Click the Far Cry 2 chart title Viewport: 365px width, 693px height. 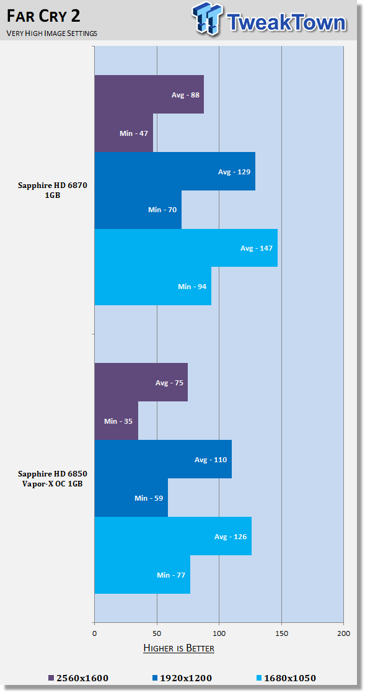(43, 16)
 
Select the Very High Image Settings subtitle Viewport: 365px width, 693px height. (52, 33)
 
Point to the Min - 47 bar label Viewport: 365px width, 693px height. (134, 133)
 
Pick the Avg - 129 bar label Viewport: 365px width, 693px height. (234, 171)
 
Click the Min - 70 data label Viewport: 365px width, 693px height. (162, 210)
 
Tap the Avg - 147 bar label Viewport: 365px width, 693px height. (257, 248)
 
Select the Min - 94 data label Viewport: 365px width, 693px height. (192, 287)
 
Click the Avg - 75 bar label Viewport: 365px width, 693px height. (169, 383)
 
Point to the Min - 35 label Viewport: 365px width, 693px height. (118, 421)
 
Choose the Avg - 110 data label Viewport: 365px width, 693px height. (211, 460)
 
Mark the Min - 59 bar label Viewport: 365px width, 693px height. (149, 498)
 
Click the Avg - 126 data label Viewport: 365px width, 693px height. (231, 537)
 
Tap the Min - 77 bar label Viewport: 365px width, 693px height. (171, 575)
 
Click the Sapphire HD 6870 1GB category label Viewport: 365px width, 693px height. (53, 190)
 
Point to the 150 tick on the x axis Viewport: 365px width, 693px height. (281, 633)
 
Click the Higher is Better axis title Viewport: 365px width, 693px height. (178, 648)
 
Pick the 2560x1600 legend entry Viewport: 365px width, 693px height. (78, 678)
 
